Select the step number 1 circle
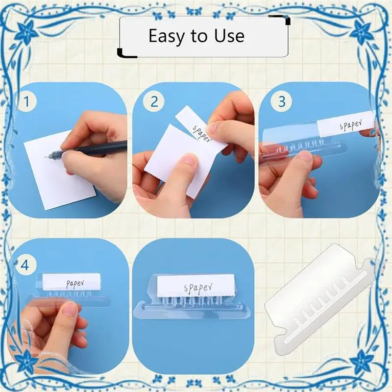26,101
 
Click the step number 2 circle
154,101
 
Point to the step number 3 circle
281,101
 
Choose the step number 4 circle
25,265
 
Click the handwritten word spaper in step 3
350,125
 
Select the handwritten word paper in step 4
75,284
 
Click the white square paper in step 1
59,170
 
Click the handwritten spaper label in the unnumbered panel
198,288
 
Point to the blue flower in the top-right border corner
362,32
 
